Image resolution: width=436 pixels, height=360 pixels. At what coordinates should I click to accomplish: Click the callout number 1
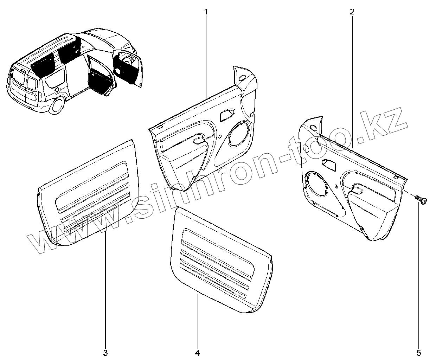(206, 11)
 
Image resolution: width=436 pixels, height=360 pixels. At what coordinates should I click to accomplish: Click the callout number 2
(352, 11)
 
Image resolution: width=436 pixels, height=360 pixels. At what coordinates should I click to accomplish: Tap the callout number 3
(105, 352)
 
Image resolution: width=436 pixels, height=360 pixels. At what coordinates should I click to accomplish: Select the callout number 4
(197, 352)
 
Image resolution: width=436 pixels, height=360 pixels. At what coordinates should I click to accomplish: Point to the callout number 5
(418, 352)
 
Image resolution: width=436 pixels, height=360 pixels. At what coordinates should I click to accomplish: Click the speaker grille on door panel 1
(239, 134)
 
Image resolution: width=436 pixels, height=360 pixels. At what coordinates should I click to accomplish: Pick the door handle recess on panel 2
(329, 163)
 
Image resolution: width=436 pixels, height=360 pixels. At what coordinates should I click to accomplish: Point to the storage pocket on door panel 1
(183, 165)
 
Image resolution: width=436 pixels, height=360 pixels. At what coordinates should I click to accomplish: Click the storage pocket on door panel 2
(373, 218)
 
